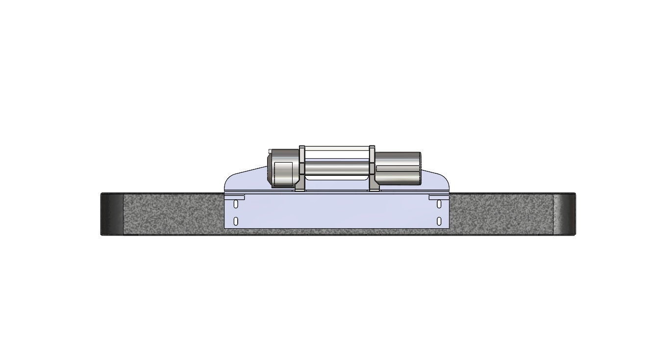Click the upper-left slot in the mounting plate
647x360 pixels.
pyautogui.click(x=236, y=203)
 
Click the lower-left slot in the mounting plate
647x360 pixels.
pyautogui.click(x=236, y=221)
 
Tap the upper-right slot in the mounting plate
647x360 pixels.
pyautogui.click(x=439, y=203)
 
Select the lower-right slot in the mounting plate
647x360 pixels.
pyautogui.click(x=439, y=221)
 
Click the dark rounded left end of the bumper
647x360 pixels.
pyautogui.click(x=112, y=214)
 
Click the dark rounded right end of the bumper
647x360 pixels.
pyautogui.click(x=564, y=214)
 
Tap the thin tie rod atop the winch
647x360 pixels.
pyautogui.click(x=338, y=146)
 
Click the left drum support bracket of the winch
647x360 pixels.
pyautogui.click(x=302, y=167)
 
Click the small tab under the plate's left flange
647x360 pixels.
pyautogui.click(x=234, y=197)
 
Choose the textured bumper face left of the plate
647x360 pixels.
pyautogui.click(x=172, y=214)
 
